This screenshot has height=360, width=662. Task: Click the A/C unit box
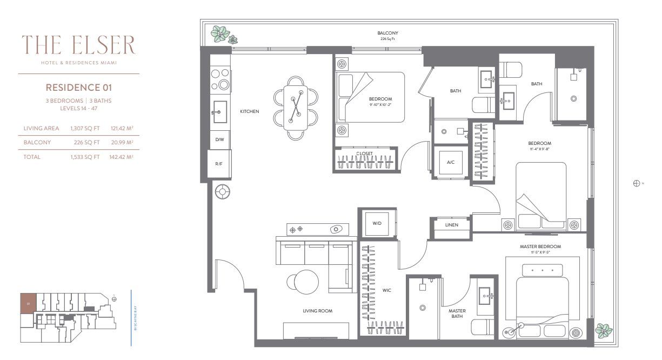click(x=450, y=161)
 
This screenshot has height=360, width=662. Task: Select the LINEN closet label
click(x=451, y=225)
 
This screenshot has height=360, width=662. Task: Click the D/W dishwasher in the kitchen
click(x=219, y=139)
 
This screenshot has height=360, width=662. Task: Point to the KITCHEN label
click(x=250, y=112)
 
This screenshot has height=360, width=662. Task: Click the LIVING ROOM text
click(x=317, y=311)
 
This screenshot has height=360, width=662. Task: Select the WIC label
click(x=386, y=290)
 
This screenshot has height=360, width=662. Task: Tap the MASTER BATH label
click(x=457, y=314)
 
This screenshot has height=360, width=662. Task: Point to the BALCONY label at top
click(x=387, y=34)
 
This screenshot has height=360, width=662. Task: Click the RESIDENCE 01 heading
click(x=78, y=87)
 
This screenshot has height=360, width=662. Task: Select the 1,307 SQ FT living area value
click(x=85, y=128)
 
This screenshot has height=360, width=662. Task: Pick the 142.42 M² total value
click(x=121, y=157)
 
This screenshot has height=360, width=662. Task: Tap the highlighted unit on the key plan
click(x=28, y=303)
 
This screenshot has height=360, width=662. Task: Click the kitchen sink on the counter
click(x=219, y=112)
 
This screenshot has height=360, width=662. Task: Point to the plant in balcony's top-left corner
click(x=220, y=34)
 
